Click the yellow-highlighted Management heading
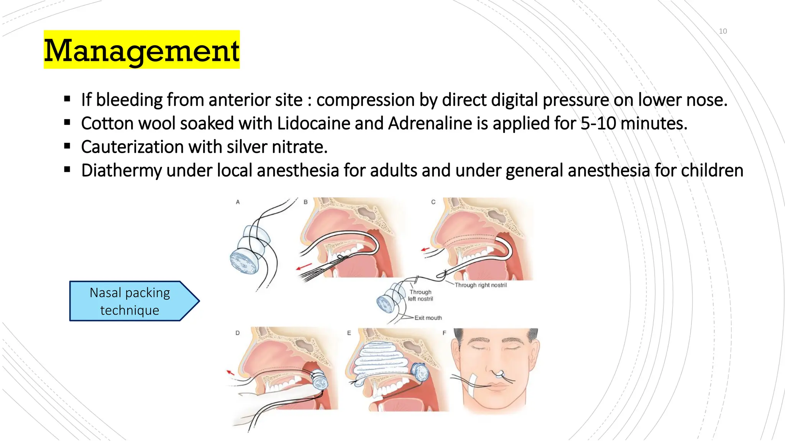pos(141,50)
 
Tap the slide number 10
pos(723,31)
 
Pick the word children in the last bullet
pos(712,171)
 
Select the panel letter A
pos(238,202)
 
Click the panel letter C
pos(433,202)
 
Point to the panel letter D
pos(238,333)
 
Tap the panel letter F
pos(444,333)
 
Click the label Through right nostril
pos(481,285)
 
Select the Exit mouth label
pos(428,318)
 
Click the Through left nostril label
pos(420,296)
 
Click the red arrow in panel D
pos(230,372)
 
